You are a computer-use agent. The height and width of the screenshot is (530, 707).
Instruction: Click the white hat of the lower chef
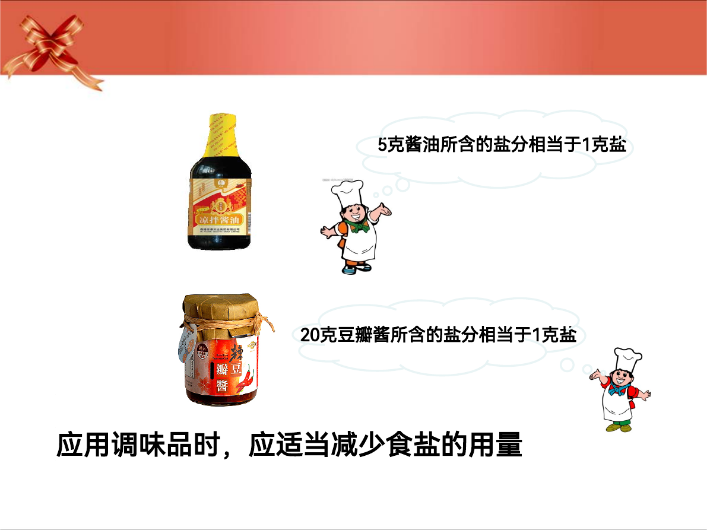[626, 361]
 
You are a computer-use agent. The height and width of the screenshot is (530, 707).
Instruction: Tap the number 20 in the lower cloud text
[310, 335]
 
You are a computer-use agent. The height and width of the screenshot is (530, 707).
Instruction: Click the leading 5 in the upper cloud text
[382, 145]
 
